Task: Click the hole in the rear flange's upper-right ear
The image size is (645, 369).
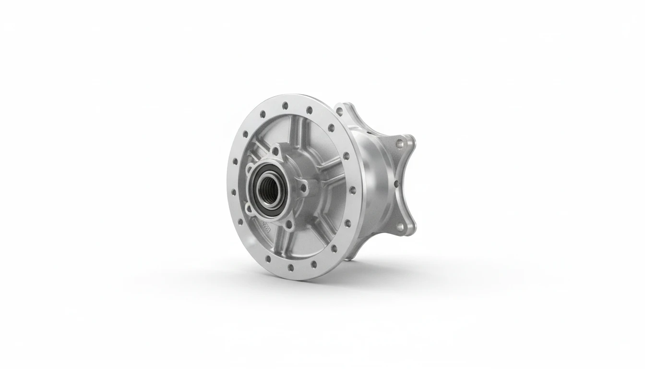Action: coord(399,143)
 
